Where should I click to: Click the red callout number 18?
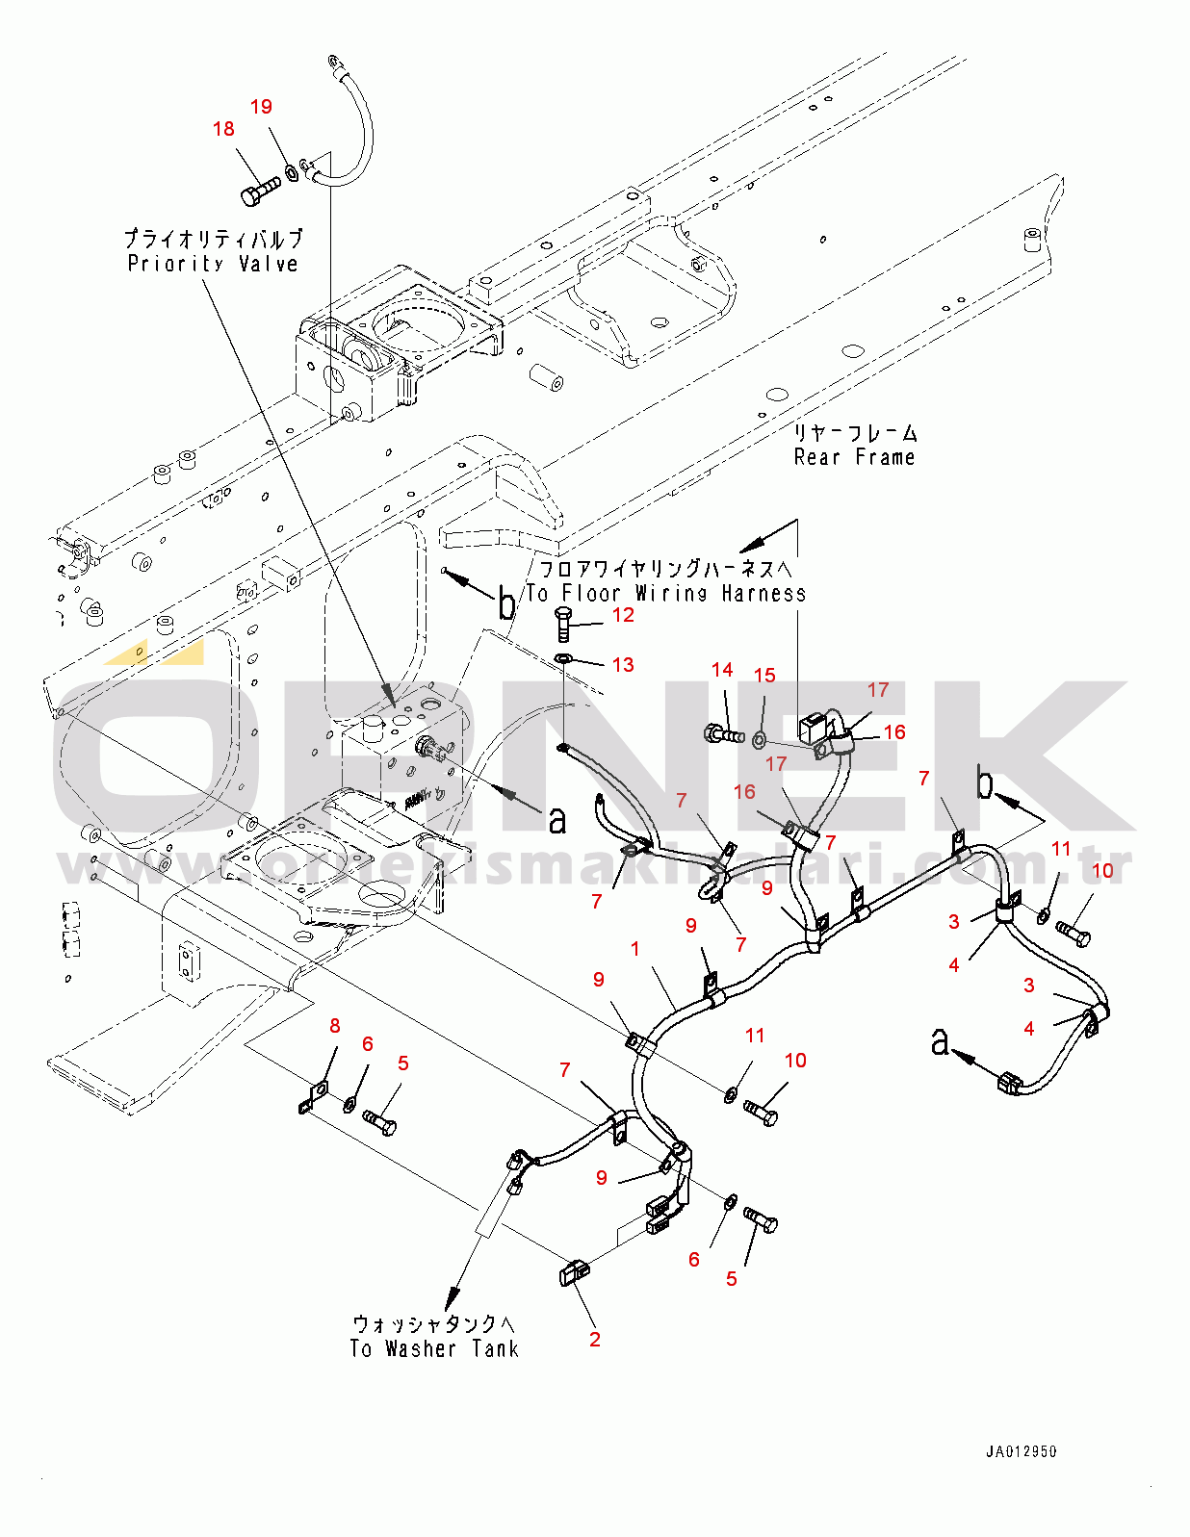[x=223, y=129]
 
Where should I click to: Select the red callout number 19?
[x=261, y=107]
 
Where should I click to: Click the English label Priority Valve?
[x=212, y=264]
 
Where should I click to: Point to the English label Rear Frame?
[x=854, y=457]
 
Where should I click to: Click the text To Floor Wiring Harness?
[x=665, y=593]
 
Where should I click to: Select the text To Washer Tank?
[x=434, y=1348]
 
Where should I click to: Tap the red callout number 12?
[x=623, y=615]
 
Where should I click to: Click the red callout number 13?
[x=623, y=665]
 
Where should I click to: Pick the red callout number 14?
[x=722, y=670]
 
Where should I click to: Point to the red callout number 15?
[x=764, y=676]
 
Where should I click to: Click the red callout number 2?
[x=595, y=1339]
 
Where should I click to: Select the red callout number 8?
[x=335, y=1026]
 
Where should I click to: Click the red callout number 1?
[x=635, y=949]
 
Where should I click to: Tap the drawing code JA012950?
[x=1021, y=1452]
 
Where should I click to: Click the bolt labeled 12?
[x=564, y=623]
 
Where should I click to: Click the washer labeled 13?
[x=565, y=659]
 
